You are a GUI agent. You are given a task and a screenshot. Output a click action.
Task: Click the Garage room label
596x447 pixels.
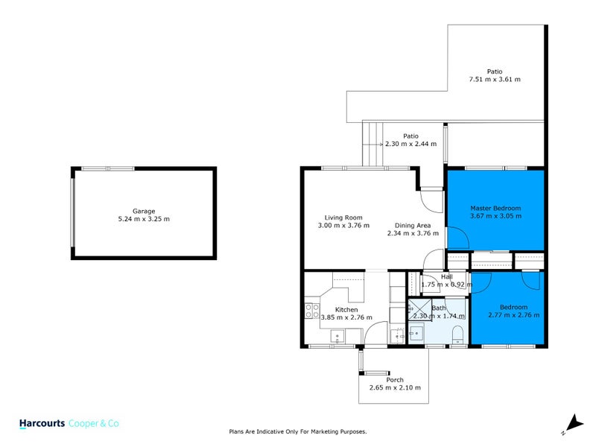[x=143, y=211]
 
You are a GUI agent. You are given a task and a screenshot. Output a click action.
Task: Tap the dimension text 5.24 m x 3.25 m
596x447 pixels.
[x=143, y=219]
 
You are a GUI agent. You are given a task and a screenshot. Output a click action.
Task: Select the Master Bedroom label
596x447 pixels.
[x=495, y=208]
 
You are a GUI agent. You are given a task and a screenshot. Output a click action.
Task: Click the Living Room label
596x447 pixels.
[x=343, y=217]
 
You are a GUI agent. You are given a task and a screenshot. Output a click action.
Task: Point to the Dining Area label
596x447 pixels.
[x=413, y=225]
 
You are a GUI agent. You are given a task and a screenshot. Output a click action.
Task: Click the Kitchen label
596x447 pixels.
[x=346, y=309]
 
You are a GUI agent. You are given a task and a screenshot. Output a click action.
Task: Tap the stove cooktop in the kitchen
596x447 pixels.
[x=311, y=311]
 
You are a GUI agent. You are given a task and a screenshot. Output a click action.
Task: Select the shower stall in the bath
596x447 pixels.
[x=419, y=309]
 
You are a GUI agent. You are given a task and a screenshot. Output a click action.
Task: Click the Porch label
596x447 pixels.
[x=394, y=380]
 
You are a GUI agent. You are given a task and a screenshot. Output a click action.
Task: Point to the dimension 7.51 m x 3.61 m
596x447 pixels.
[x=494, y=79]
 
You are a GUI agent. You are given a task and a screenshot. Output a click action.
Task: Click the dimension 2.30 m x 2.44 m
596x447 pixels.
[x=410, y=144]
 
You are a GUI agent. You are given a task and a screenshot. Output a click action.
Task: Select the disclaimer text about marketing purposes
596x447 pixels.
[x=297, y=431]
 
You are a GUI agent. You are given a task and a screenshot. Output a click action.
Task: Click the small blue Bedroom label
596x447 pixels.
[x=513, y=307]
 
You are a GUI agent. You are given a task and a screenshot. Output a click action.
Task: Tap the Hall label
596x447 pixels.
[x=446, y=276]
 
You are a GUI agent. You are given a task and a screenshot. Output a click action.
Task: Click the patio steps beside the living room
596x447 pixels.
[x=372, y=145]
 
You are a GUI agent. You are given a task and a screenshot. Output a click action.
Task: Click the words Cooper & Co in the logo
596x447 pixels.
[x=94, y=423]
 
